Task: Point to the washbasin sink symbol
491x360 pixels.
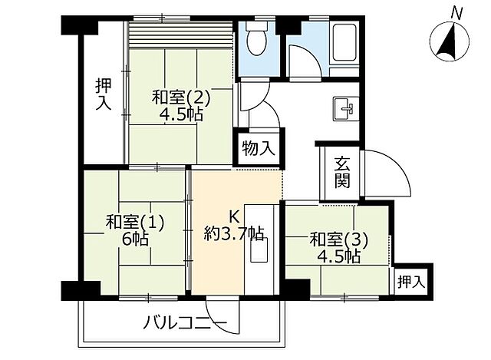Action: click(344, 108)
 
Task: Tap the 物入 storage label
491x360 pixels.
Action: click(257, 147)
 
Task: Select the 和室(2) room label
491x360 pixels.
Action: click(180, 98)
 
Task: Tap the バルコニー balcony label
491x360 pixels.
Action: click(185, 322)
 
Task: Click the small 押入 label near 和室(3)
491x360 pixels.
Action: click(412, 282)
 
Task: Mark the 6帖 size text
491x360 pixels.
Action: click(135, 239)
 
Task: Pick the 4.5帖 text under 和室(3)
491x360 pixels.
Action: click(342, 256)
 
